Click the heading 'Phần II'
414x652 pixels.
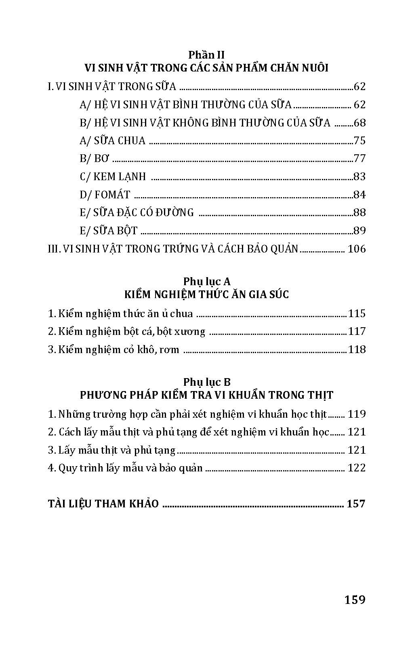click(206, 55)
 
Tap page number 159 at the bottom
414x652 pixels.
click(355, 599)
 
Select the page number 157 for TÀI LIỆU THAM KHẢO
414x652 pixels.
click(356, 504)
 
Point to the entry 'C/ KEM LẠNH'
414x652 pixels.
click(113, 177)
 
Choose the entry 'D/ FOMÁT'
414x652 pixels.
click(105, 195)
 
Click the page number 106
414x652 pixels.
click(357, 249)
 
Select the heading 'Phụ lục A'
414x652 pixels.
click(206, 281)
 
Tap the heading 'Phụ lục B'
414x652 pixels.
click(206, 382)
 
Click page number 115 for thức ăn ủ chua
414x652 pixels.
click(357, 313)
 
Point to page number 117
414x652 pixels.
click(357, 332)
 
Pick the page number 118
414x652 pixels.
click(357, 349)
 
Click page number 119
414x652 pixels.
click(357, 414)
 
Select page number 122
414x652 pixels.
click(357, 468)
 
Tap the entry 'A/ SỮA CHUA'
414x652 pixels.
click(112, 141)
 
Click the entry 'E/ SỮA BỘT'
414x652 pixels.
click(109, 231)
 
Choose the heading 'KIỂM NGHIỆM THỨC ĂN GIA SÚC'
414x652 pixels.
click(206, 294)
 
